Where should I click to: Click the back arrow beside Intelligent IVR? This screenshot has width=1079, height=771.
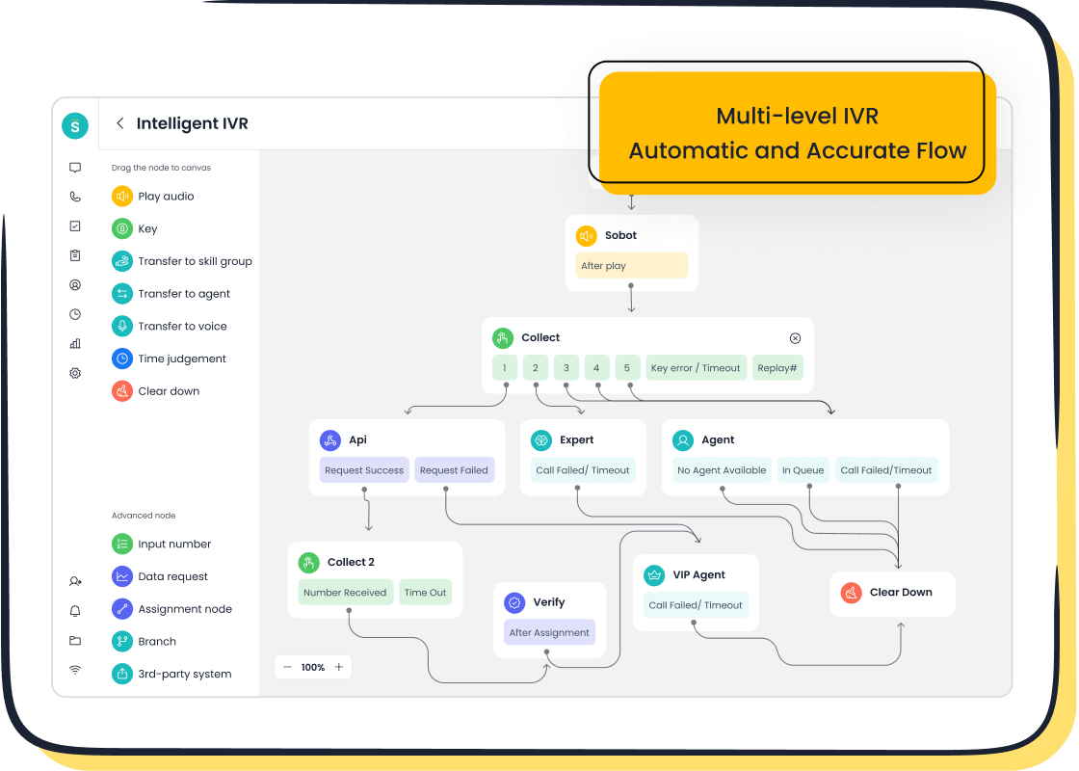pyautogui.click(x=119, y=123)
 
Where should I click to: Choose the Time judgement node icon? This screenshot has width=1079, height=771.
pyautogui.click(x=122, y=359)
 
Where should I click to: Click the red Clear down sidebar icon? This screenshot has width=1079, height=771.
pyautogui.click(x=122, y=391)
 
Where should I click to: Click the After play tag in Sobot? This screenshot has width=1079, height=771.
pyautogui.click(x=631, y=266)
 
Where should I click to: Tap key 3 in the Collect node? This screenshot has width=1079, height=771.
pyautogui.click(x=566, y=368)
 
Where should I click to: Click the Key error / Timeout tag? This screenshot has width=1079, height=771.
pyautogui.click(x=696, y=368)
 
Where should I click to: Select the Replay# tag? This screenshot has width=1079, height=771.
pyautogui.click(x=777, y=368)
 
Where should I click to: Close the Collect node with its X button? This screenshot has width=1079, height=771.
pyautogui.click(x=795, y=338)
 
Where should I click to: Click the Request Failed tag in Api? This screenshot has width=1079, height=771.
pyautogui.click(x=454, y=470)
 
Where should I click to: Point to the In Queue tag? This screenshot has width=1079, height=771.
pyautogui.click(x=803, y=470)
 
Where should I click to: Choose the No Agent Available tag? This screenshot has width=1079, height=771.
pyautogui.click(x=722, y=470)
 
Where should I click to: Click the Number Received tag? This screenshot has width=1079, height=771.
pyautogui.click(x=345, y=593)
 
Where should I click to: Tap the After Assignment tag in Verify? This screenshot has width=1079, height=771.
pyautogui.click(x=549, y=633)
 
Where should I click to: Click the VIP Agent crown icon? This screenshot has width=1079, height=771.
pyautogui.click(x=655, y=575)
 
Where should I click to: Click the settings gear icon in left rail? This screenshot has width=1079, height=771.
pyautogui.click(x=75, y=373)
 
